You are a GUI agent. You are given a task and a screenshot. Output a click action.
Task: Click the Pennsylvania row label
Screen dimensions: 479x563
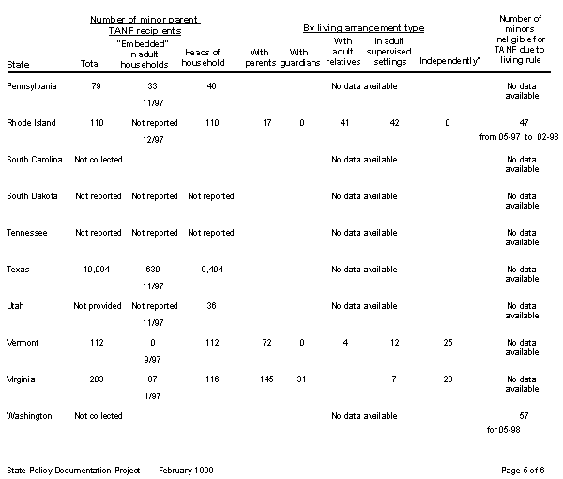tap(31, 86)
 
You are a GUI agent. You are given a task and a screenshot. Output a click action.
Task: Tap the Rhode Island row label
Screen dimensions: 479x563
tap(31, 123)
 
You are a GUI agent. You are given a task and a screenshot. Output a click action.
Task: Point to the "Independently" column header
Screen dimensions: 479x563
tap(448, 62)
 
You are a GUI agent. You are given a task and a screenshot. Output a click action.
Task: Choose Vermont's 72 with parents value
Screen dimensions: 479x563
tap(266, 342)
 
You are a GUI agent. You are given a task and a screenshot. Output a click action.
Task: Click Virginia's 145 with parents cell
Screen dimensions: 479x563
tap(266, 379)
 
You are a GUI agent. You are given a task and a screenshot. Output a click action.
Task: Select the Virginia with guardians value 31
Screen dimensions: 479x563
tap(300, 379)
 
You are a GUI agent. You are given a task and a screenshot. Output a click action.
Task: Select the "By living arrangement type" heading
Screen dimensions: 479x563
tap(362, 29)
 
